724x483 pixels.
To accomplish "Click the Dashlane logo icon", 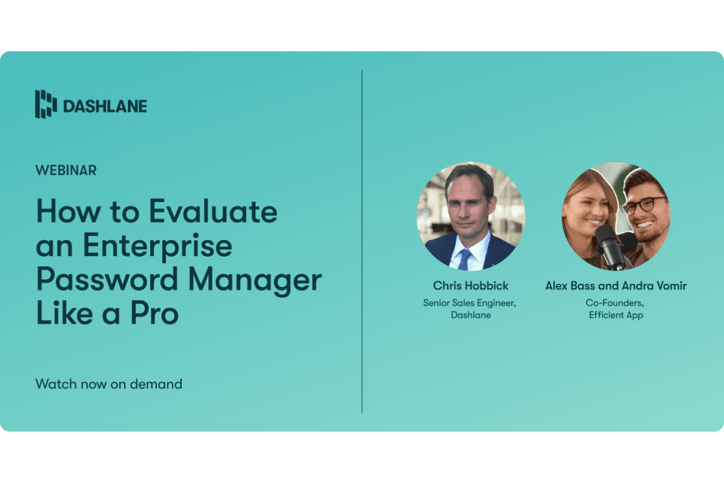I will pyautogui.click(x=45, y=104).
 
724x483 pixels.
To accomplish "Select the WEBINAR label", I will pyautogui.click(x=66, y=170).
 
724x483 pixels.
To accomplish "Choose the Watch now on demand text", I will pyautogui.click(x=109, y=383).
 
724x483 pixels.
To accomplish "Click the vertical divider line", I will pyautogui.click(x=362, y=241).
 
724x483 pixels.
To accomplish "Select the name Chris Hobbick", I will pyautogui.click(x=470, y=286).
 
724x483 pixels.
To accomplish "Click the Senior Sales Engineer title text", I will pyautogui.click(x=469, y=303).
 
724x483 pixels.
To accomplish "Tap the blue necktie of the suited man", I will pyautogui.click(x=464, y=258).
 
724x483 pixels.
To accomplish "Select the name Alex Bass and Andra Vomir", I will pyautogui.click(x=616, y=286).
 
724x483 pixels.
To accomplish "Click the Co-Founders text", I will pyautogui.click(x=616, y=303).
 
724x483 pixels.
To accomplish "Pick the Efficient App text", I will pyautogui.click(x=616, y=315).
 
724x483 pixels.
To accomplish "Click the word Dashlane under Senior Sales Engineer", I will pyautogui.click(x=470, y=315).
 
